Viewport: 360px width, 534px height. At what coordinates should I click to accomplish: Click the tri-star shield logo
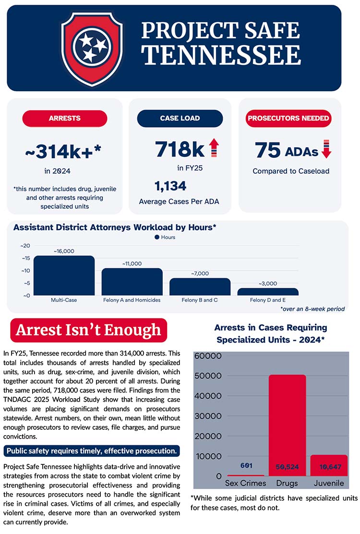pyautogui.click(x=92, y=48)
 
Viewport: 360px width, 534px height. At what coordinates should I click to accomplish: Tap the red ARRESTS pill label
pyautogui.click(x=65, y=118)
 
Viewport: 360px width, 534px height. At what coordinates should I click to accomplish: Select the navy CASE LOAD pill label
pyautogui.click(x=180, y=118)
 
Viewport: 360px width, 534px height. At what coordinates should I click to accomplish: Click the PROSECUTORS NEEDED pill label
pyautogui.click(x=288, y=118)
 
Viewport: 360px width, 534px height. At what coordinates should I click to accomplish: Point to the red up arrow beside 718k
pyautogui.click(x=214, y=147)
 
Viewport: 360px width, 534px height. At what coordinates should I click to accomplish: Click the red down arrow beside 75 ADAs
pyautogui.click(x=326, y=149)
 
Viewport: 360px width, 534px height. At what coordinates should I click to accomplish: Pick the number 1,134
pyautogui.click(x=170, y=186)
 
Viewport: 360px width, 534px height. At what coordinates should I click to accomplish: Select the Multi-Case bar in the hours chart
pyautogui.click(x=64, y=275)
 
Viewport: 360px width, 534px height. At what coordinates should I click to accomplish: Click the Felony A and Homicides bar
pyautogui.click(x=132, y=282)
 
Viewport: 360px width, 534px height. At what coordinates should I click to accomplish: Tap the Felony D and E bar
pyautogui.click(x=268, y=292)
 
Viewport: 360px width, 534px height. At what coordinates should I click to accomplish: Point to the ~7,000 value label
pyautogui.click(x=200, y=273)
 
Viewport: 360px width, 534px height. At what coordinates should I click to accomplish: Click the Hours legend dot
pyautogui.click(x=156, y=237)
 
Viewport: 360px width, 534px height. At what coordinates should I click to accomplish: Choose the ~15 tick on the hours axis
pyautogui.click(x=25, y=258)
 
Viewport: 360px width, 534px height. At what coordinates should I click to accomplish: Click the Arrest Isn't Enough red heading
pyautogui.click(x=88, y=330)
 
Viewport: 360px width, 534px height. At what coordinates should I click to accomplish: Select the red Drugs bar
pyautogui.click(x=288, y=426)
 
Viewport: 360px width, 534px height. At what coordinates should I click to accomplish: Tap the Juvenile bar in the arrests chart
pyautogui.click(x=329, y=465)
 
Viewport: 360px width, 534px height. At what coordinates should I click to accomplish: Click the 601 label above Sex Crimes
pyautogui.click(x=246, y=465)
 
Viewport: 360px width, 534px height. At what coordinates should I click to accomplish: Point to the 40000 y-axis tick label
pyautogui.click(x=208, y=396)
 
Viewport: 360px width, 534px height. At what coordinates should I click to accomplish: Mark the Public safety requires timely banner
pyautogui.click(x=92, y=451)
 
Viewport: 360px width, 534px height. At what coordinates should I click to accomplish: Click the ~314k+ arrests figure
pyautogui.click(x=63, y=152)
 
